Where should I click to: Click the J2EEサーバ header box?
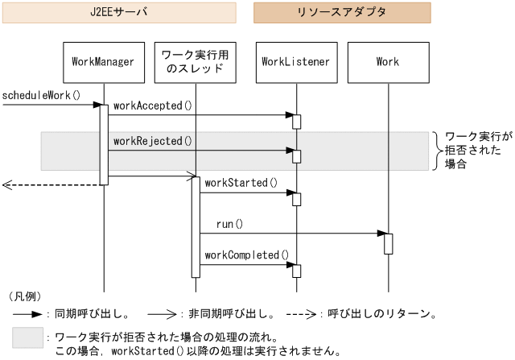[x=118, y=13]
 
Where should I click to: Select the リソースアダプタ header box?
[x=342, y=13]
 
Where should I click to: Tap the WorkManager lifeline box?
[x=103, y=62]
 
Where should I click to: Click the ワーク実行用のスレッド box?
[x=195, y=62]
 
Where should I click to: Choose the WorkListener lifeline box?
[x=296, y=62]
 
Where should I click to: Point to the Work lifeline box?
[x=387, y=62]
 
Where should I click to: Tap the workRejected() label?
[x=153, y=141]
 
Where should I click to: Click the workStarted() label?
[x=241, y=183]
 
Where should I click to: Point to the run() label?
[x=229, y=224]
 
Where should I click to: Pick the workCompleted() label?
[x=246, y=255]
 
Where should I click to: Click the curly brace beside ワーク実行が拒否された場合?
[x=437, y=151]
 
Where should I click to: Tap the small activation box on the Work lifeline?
[x=388, y=243]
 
